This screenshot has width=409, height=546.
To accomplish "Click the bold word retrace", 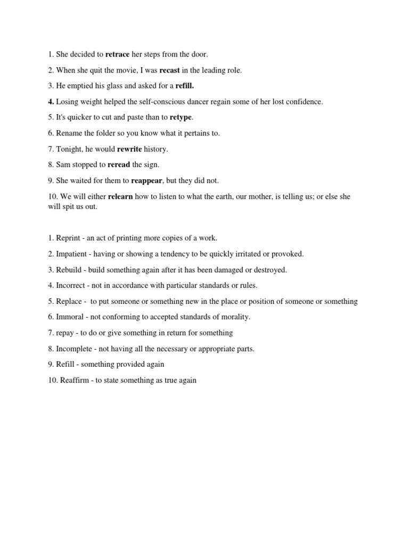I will tap(117, 54).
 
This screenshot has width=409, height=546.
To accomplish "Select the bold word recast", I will tap(170, 70).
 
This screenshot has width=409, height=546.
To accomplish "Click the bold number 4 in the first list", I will tap(50, 101).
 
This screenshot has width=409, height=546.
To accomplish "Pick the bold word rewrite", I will tap(129, 149).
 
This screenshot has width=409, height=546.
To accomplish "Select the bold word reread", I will tap(119, 165).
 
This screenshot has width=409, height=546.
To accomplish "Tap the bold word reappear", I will tap(146, 181).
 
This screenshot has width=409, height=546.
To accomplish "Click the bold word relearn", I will tap(120, 197).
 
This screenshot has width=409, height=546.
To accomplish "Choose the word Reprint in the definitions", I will tap(68, 238).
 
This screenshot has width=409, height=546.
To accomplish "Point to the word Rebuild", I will tap(69, 270).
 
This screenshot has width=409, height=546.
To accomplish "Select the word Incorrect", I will tap(70, 285).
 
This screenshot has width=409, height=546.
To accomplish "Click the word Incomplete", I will tap(75, 349).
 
